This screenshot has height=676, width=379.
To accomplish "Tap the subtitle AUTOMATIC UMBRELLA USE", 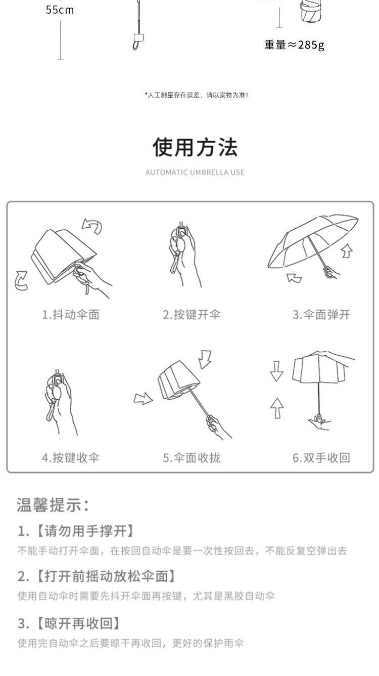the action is [195, 173].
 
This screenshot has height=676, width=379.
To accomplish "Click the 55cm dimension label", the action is [60, 10].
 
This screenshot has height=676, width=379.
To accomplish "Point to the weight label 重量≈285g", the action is [294, 45].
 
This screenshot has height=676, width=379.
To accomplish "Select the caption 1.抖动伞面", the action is [71, 314].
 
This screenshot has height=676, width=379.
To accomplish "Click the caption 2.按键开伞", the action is [192, 314].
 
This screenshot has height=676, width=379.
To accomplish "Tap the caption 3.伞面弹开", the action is [321, 314].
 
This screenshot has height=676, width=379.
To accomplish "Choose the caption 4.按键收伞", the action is [71, 458].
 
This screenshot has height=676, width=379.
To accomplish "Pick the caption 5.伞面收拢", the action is [192, 458].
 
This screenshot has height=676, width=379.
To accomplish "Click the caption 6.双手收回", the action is [321, 458].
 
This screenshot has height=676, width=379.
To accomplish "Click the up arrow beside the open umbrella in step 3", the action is [347, 250].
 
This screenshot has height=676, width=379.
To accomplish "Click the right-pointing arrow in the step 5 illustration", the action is [143, 399].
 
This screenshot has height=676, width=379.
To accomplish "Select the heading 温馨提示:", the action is [53, 505].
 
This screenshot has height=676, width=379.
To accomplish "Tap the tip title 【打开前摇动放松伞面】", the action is [105, 576].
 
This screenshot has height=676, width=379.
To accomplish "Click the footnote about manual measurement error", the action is [196, 95].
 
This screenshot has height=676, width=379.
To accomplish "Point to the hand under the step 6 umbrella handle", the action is [319, 423].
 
